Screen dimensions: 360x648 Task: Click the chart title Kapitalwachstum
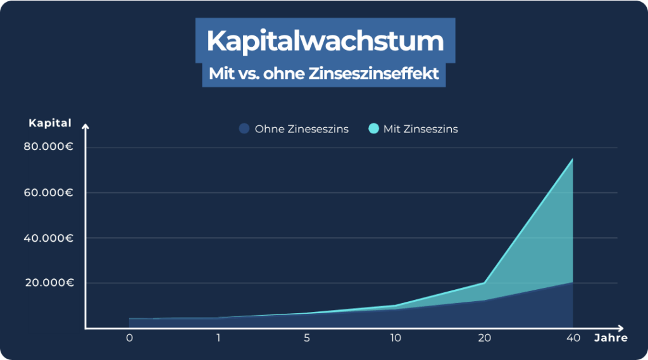tap(325, 41)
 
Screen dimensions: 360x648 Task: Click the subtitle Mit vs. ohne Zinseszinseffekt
tap(324, 73)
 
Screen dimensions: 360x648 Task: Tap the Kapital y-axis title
tap(50, 123)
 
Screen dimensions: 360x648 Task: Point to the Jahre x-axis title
tap(611, 338)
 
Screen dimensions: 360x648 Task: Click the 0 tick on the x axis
tap(129, 338)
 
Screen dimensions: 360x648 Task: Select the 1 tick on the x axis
tap(218, 338)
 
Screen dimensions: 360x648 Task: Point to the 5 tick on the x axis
tap(307, 338)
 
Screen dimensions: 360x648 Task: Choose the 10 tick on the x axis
tap(396, 338)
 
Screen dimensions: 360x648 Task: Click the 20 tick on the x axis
tap(484, 338)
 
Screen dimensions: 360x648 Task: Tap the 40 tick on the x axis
tap(573, 338)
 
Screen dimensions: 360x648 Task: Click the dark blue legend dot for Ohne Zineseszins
tap(244, 129)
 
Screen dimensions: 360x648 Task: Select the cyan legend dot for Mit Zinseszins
tap(373, 129)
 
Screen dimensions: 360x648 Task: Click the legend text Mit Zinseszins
tap(421, 129)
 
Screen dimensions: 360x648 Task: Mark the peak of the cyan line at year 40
tap(573, 159)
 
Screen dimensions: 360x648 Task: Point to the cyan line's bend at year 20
tap(484, 283)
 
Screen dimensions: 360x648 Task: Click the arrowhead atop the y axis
tap(85, 127)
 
